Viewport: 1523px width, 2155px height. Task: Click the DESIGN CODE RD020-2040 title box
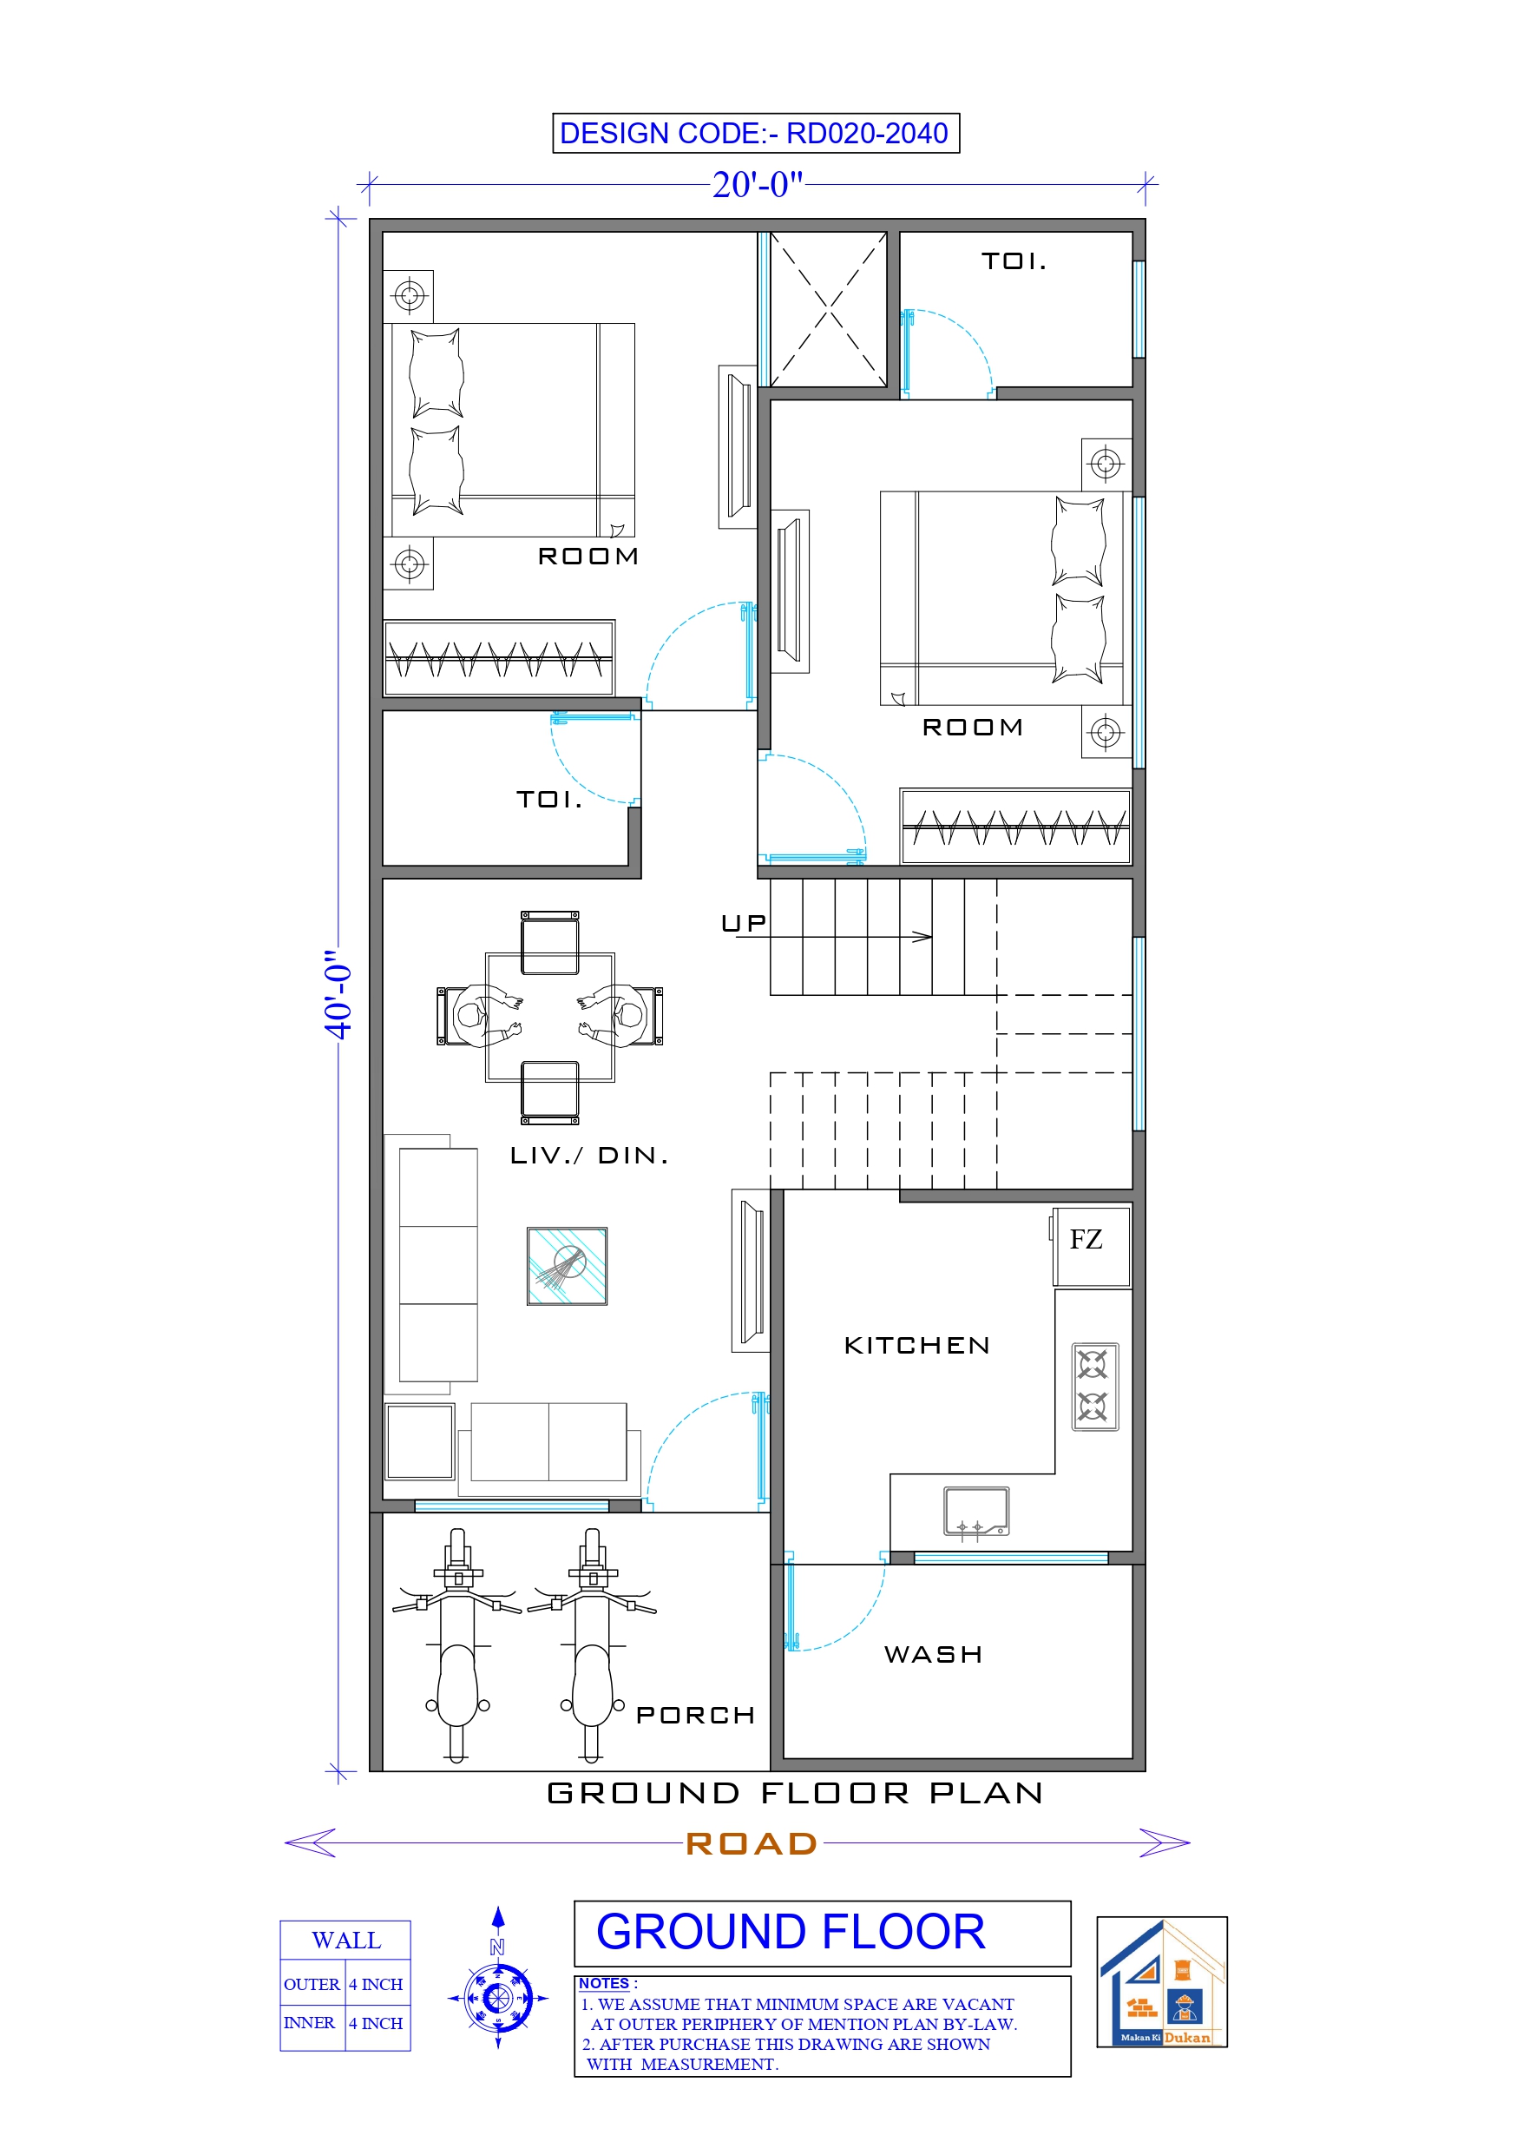pyautogui.click(x=755, y=134)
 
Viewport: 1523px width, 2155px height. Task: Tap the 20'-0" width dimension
pyautogui.click(x=758, y=185)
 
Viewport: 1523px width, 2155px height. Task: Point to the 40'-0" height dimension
pyautogui.click(x=338, y=994)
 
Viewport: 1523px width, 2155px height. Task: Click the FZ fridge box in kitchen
pyautogui.click(x=1091, y=1246)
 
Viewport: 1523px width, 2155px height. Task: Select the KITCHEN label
pyautogui.click(x=916, y=1346)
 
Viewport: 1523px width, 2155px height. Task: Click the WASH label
pyautogui.click(x=933, y=1655)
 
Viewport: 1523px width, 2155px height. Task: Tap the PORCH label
pyautogui.click(x=695, y=1716)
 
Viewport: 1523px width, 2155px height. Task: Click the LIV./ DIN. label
pyautogui.click(x=589, y=1156)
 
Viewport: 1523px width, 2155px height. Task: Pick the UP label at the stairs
pyautogui.click(x=743, y=925)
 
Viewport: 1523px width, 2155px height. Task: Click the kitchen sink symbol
pyautogui.click(x=976, y=1512)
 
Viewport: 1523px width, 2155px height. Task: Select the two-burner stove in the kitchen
pyautogui.click(x=1094, y=1387)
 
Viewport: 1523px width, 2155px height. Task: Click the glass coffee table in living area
pyautogui.click(x=567, y=1266)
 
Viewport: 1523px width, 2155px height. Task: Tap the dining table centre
pyautogui.click(x=550, y=1018)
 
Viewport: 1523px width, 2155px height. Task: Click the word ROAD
pyautogui.click(x=752, y=1844)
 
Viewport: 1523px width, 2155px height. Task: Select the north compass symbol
pyautogui.click(x=498, y=1998)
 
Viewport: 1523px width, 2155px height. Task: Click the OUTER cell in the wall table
pyautogui.click(x=312, y=1984)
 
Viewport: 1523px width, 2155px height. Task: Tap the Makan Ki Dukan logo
pyautogui.click(x=1162, y=1982)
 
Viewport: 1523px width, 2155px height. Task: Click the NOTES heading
pyautogui.click(x=603, y=1983)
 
